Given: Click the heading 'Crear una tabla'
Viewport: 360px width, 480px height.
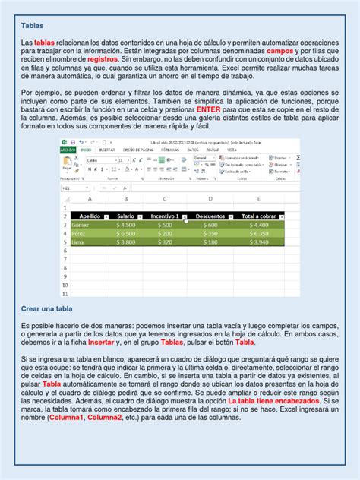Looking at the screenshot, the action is [46, 308].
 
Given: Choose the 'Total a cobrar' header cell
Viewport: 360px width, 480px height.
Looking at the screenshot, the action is [261, 216].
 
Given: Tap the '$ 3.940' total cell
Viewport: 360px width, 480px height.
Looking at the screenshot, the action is [261, 242].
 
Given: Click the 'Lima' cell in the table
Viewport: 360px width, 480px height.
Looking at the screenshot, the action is [79, 242].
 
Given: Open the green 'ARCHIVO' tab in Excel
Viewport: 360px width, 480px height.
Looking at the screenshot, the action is [68, 150].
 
